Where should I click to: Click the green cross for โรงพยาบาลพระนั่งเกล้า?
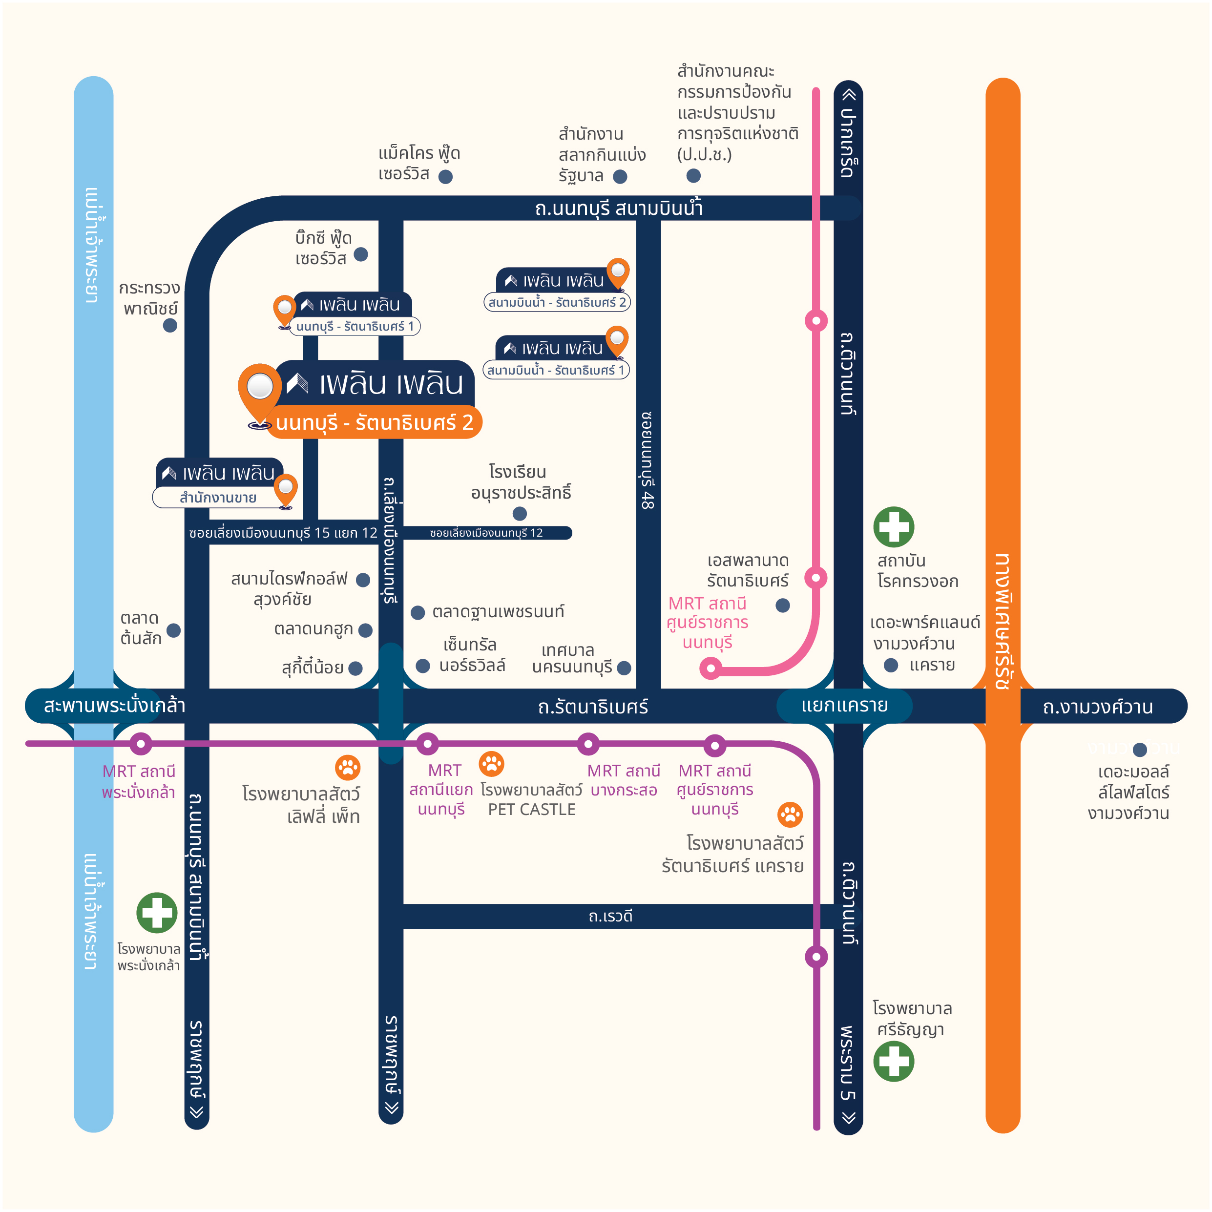pyautogui.click(x=157, y=913)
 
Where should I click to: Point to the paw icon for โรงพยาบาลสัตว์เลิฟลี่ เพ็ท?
pyautogui.click(x=348, y=767)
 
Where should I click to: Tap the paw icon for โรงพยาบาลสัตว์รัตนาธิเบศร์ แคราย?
pyautogui.click(x=790, y=815)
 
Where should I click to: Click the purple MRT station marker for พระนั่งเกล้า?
pyautogui.click(x=141, y=744)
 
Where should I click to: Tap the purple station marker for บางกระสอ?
pyautogui.click(x=588, y=744)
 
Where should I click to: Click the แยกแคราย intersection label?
pyautogui.click(x=844, y=706)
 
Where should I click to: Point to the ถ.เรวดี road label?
pyautogui.click(x=610, y=917)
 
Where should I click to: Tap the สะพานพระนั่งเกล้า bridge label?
pyautogui.click(x=114, y=706)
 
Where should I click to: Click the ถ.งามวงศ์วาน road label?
pyautogui.click(x=1097, y=707)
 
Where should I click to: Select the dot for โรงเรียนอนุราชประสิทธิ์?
pyautogui.click(x=520, y=514)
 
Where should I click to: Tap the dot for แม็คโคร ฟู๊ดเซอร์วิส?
pyautogui.click(x=445, y=177)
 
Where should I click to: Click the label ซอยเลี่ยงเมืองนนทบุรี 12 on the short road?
pyautogui.click(x=486, y=533)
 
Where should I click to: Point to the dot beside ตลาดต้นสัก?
pyautogui.click(x=174, y=630)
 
